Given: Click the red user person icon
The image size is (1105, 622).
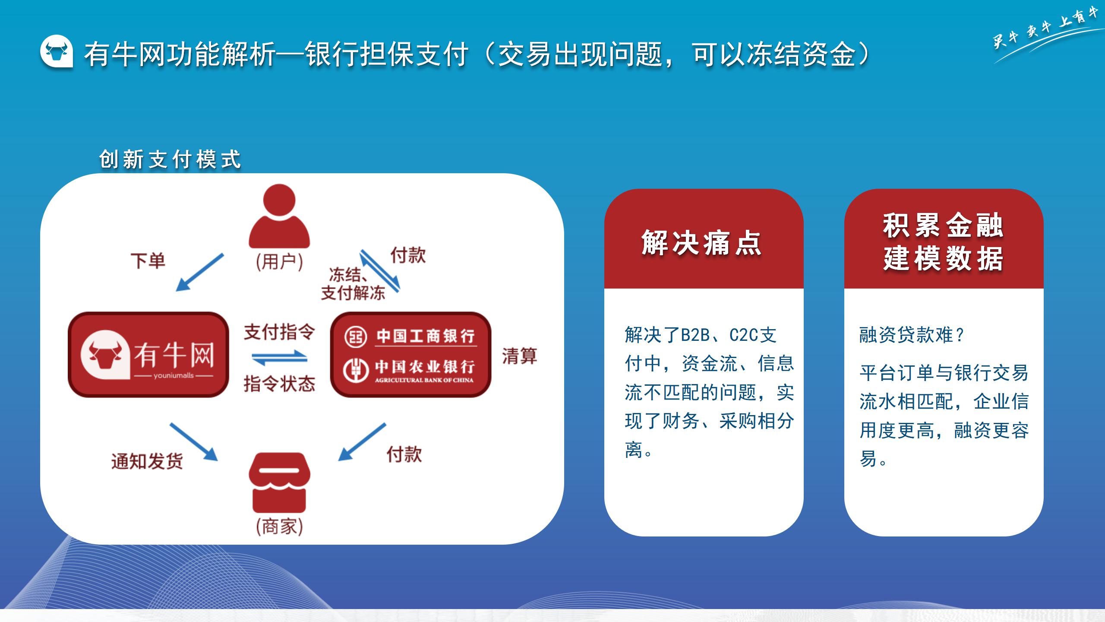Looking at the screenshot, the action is [279, 216].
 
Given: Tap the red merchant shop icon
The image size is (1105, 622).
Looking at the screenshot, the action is [279, 482].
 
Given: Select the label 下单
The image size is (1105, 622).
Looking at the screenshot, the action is [148, 261].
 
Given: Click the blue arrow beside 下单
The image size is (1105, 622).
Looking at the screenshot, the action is [200, 272].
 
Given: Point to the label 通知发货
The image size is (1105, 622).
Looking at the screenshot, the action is [147, 461].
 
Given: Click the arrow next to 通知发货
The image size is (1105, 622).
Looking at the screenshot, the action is [194, 441].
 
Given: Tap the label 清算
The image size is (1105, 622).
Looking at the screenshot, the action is [519, 356].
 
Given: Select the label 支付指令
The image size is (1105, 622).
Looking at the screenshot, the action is [279, 332].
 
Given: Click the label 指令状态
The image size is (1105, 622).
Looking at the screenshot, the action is [279, 384].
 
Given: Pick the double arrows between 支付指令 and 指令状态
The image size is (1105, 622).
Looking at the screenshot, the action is [279, 358].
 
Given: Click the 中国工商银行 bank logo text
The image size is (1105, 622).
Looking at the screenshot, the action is [426, 336].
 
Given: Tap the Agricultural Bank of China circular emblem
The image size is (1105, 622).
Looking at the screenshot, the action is [356, 370].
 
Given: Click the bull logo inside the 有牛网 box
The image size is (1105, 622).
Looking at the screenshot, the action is [105, 355].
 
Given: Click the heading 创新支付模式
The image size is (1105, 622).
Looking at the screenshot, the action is [170, 159].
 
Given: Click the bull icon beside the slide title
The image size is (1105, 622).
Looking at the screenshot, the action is [57, 51].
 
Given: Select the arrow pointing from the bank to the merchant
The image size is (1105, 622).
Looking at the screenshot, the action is [362, 442].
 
